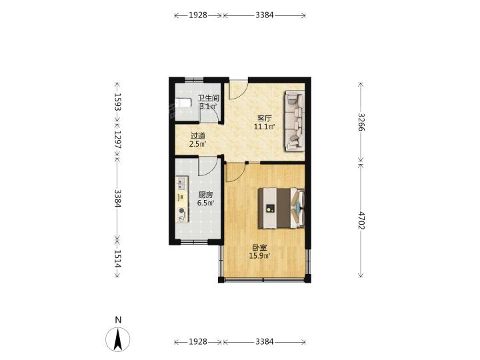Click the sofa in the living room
point(295,121)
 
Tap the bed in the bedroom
point(281,208)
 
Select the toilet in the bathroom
point(183,102)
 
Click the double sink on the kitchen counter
point(182,184)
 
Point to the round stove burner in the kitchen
point(182,211)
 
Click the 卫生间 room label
point(208,98)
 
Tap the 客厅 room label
point(264,118)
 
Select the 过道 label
point(197,136)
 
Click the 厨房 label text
point(205,195)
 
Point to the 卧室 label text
point(259,248)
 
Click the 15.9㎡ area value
point(259,256)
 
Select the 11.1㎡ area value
point(264,126)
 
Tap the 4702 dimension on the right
point(361,221)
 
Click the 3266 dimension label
point(361,122)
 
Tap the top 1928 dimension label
point(198,15)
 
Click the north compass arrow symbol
point(118,339)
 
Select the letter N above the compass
point(118,320)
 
